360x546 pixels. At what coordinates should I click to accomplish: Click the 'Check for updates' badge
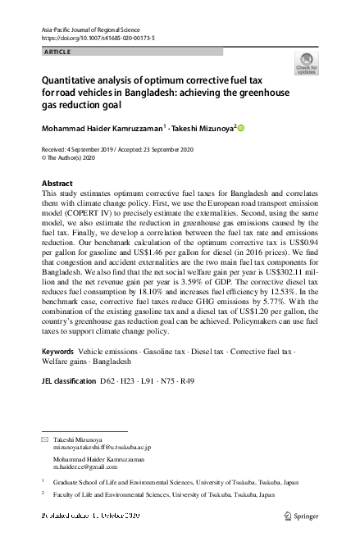click(x=308, y=63)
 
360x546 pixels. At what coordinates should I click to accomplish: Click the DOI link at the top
click(x=98, y=39)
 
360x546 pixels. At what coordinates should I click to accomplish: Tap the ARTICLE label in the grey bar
click(x=57, y=52)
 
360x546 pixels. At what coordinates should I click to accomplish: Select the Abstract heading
click(x=57, y=183)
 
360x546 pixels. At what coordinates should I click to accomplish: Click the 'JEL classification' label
click(x=67, y=381)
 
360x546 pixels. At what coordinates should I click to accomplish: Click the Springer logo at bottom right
click(x=301, y=516)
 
